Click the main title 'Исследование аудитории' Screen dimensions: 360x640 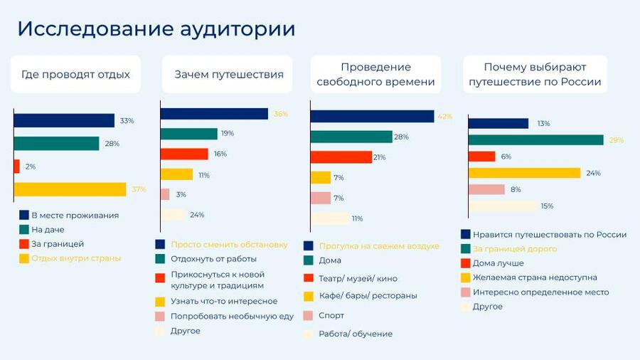pos(156,29)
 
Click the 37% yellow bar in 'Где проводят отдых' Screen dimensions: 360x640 pos(70,189)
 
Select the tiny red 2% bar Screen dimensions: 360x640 pos(16,166)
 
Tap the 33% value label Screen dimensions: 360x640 pos(127,121)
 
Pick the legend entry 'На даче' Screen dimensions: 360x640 pos(47,229)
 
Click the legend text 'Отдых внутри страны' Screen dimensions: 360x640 pos(75,258)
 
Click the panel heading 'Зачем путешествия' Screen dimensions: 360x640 pos(228,75)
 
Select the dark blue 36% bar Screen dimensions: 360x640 pos(213,114)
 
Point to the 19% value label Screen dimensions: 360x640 pos(228,134)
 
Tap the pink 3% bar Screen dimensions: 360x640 pos(164,194)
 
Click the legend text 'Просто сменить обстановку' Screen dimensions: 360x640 pos(229,244)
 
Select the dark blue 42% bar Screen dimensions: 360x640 pos(372,116)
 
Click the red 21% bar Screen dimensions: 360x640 pos(341,157)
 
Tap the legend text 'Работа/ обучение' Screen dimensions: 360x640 pos(356,334)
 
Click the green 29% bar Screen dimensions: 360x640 pos(535,140)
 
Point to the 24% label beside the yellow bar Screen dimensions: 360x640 pos(594,173)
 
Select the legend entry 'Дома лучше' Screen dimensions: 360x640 pos(498,263)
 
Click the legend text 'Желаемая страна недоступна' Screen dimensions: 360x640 pos(535,277)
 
